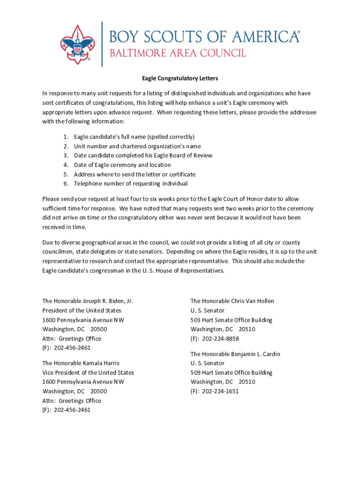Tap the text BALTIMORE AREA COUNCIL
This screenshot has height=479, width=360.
tap(178, 53)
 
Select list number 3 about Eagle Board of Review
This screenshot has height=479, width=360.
tap(143, 155)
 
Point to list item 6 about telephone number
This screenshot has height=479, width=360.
tap(131, 183)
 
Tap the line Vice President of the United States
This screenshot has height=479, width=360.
tap(88, 373)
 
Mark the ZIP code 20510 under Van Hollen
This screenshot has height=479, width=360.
tap(247, 329)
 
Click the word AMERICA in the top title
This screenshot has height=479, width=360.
tap(261, 36)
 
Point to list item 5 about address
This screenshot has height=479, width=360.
tap(135, 174)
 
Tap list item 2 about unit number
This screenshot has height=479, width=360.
tap(137, 146)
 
